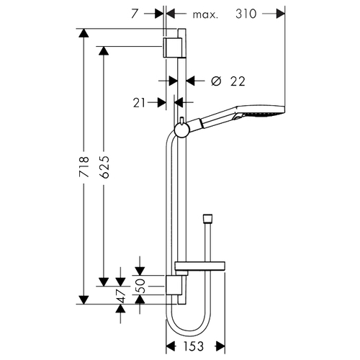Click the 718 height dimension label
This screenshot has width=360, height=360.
pyautogui.click(x=84, y=167)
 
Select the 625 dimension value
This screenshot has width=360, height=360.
pyautogui.click(x=104, y=167)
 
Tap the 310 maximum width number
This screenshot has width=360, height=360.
pyautogui.click(x=246, y=14)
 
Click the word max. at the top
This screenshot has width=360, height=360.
pyautogui.click(x=205, y=15)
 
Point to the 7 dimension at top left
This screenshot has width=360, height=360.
pyautogui.click(x=135, y=14)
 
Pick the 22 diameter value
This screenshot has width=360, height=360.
pyautogui.click(x=238, y=81)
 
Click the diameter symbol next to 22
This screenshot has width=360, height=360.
pyautogui.click(x=216, y=81)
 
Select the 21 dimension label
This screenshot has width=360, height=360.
pyautogui.click(x=139, y=103)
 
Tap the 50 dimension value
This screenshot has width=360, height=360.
pyautogui.click(x=141, y=286)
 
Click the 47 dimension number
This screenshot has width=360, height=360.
pyautogui.click(x=121, y=296)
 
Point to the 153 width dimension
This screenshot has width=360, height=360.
pyautogui.click(x=193, y=346)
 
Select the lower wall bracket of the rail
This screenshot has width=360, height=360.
pyautogui.click(x=174, y=285)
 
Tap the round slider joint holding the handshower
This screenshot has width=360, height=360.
pyautogui.click(x=182, y=130)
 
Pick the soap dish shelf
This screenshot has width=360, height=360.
pyautogui.click(x=200, y=266)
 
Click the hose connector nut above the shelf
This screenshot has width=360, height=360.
pyautogui.click(x=207, y=218)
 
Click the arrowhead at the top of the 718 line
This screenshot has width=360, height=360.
pyautogui.click(x=84, y=33)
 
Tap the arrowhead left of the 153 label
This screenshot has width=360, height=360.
pyautogui.click(x=171, y=346)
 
